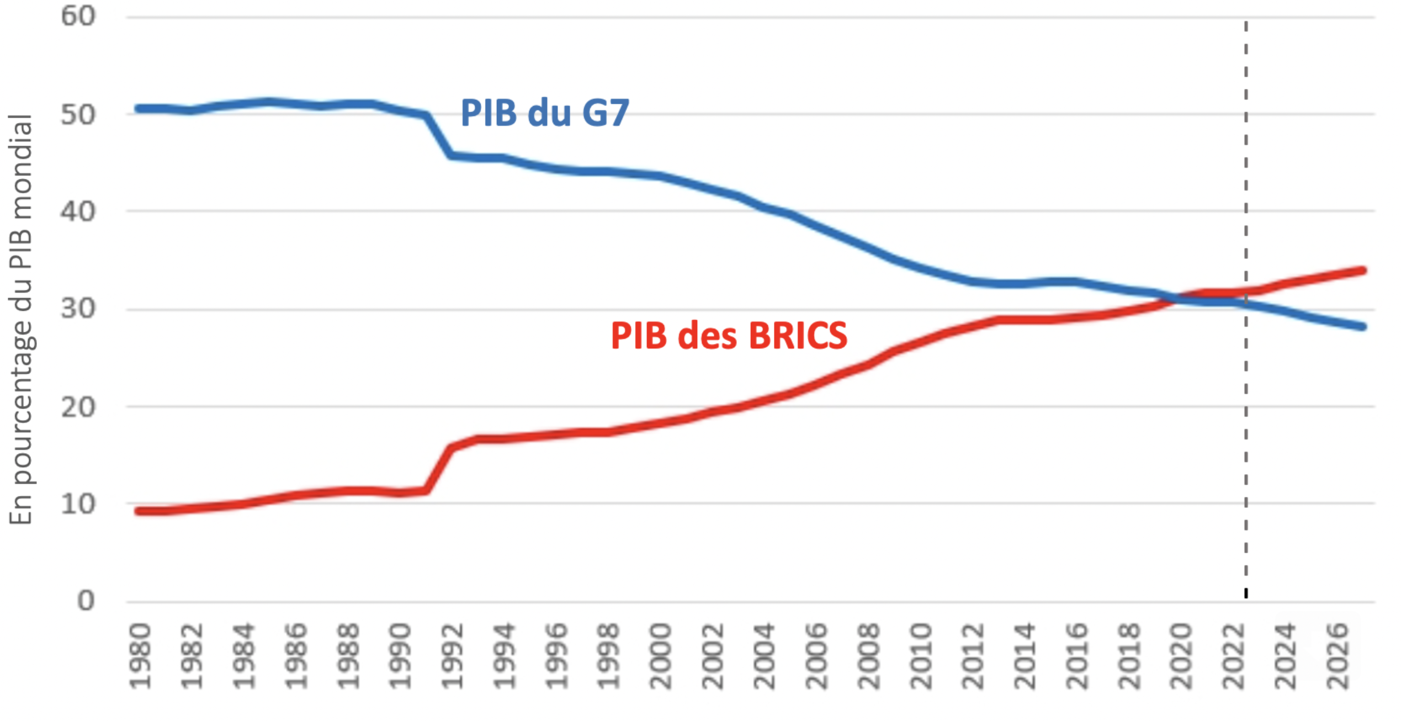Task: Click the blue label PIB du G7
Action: pyautogui.click(x=544, y=113)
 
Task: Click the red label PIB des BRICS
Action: pyautogui.click(x=729, y=336)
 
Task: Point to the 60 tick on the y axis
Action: pyautogui.click(x=78, y=17)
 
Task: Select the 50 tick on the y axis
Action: pyautogui.click(x=78, y=115)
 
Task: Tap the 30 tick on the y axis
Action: pyautogui.click(x=78, y=309)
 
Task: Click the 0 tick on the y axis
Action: pyautogui.click(x=86, y=601)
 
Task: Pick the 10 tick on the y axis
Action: pyautogui.click(x=78, y=504)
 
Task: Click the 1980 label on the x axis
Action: pyautogui.click(x=140, y=656)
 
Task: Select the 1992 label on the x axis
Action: pyautogui.click(x=453, y=656)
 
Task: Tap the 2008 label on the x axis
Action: pyautogui.click(x=869, y=656)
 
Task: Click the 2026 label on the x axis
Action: pyautogui.click(x=1338, y=656)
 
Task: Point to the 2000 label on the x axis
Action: pyautogui.click(x=661, y=656)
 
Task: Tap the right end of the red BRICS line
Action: pyautogui.click(x=1362, y=271)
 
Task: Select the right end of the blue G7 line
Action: pyautogui.click(x=1362, y=327)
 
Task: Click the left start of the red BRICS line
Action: pyautogui.click(x=139, y=511)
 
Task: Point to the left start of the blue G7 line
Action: pyautogui.click(x=139, y=109)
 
